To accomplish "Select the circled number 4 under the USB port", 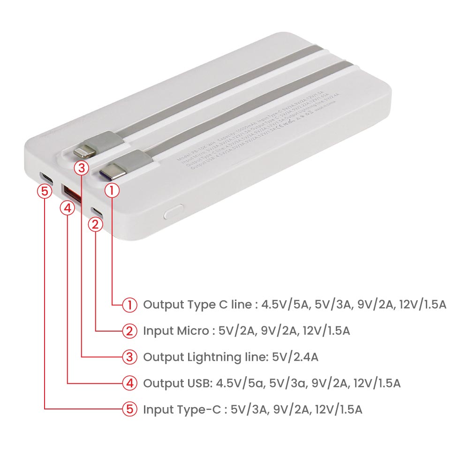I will click(68, 208).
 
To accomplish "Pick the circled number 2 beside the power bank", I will click(96, 225).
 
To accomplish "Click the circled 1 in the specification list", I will click(129, 305).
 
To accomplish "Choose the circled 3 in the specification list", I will click(129, 357).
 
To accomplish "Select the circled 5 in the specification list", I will click(129, 409).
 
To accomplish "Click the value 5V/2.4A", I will click(295, 357).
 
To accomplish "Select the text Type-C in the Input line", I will click(197, 409).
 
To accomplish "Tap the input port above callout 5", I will click(45, 178).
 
